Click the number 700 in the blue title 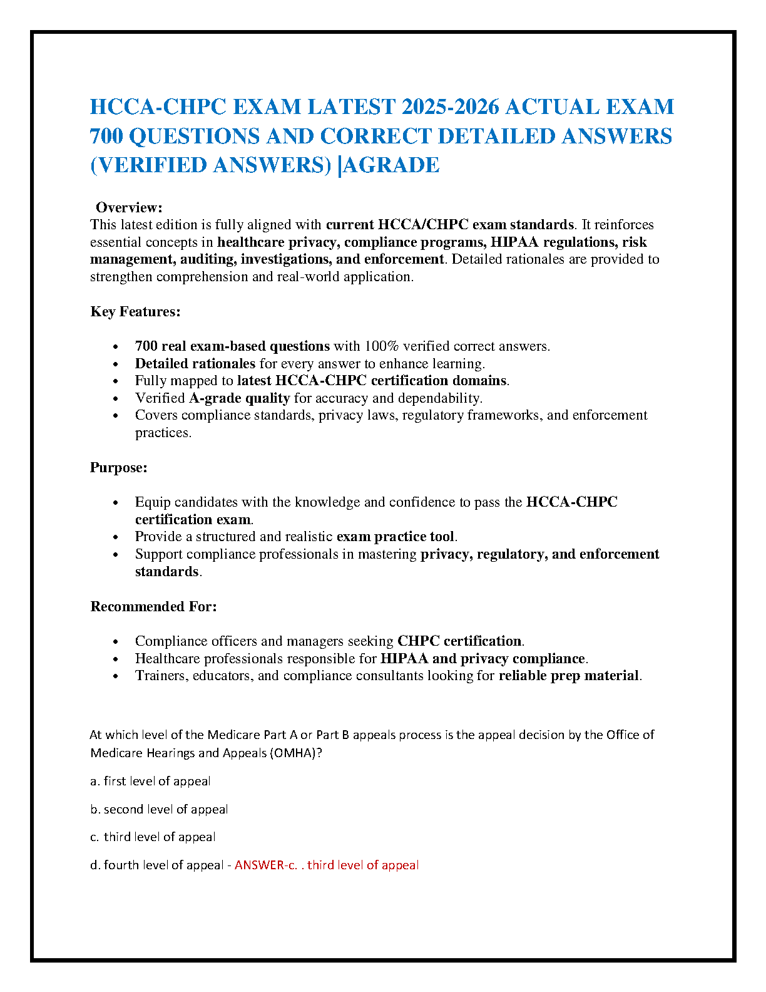click(x=107, y=136)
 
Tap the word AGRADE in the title click(x=392, y=165)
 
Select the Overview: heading click(x=129, y=207)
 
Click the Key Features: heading click(x=135, y=311)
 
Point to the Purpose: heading click(x=119, y=467)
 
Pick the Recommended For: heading click(x=153, y=606)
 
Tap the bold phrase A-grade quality click(x=239, y=398)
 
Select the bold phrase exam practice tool click(x=396, y=537)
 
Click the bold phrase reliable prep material click(x=569, y=676)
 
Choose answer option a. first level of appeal click(x=150, y=781)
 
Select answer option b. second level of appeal click(x=159, y=809)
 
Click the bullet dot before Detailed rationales click(x=115, y=364)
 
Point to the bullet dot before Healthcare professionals click(x=115, y=659)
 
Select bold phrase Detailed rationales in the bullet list click(x=195, y=364)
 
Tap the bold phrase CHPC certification click(x=459, y=641)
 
